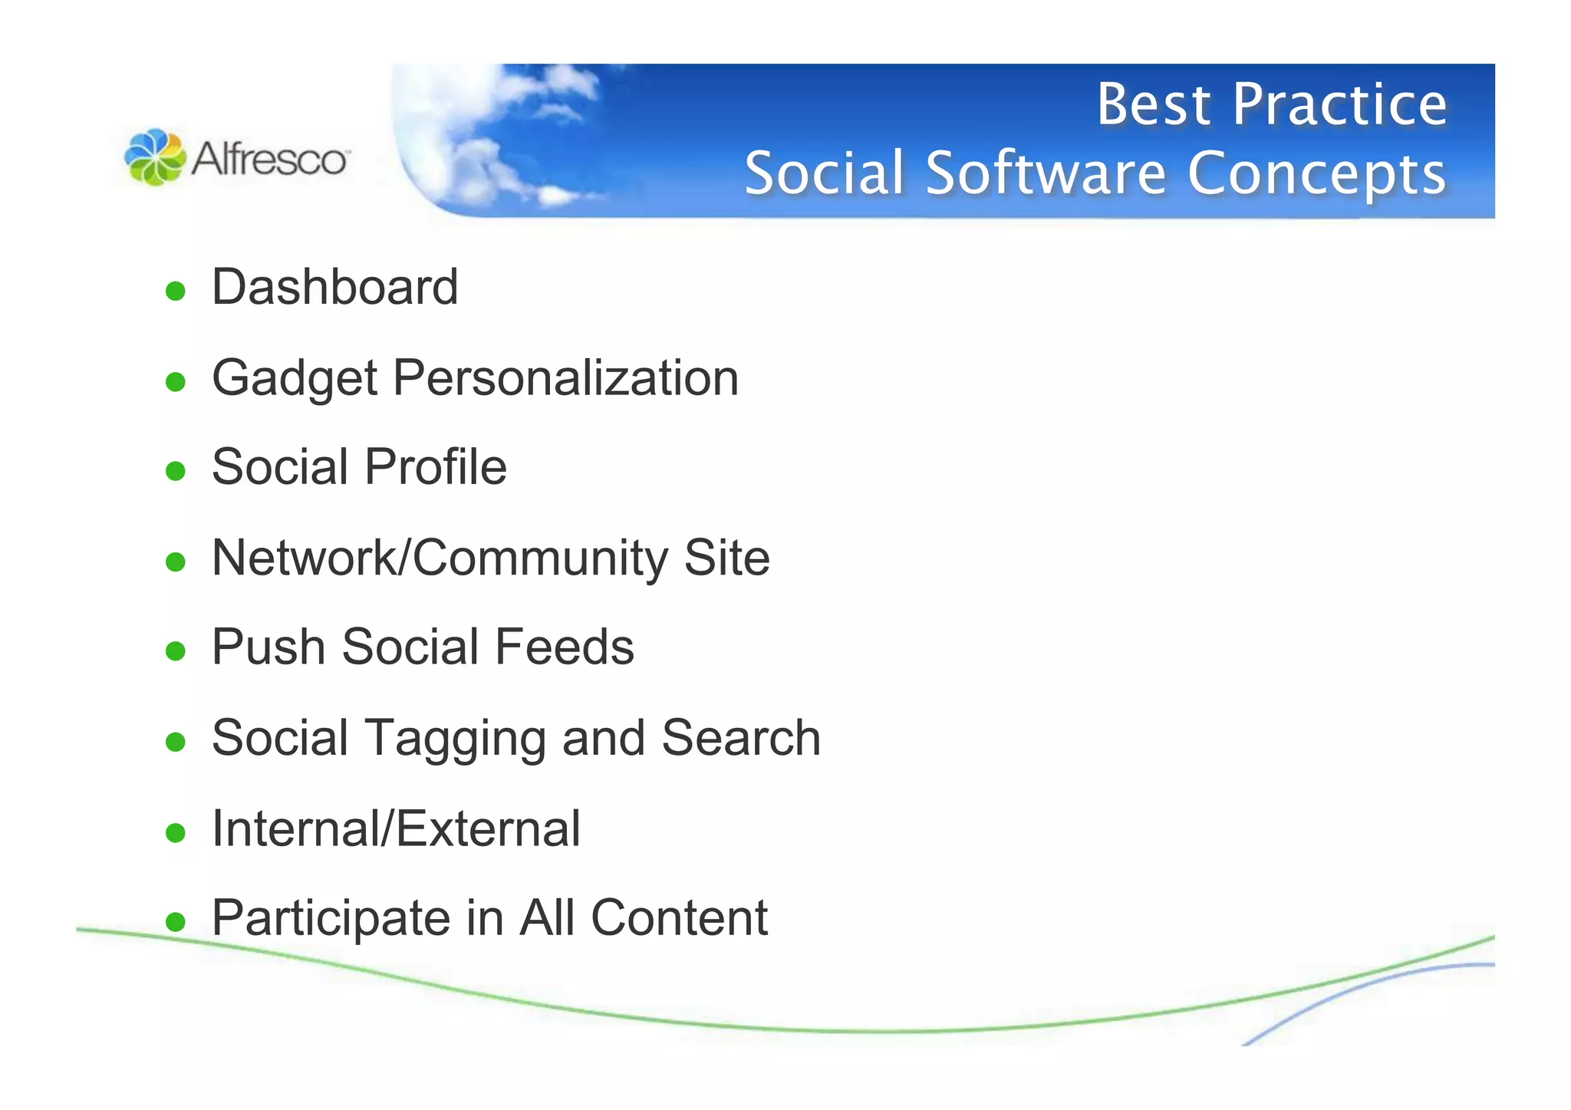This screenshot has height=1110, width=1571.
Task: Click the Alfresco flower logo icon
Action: click(x=155, y=157)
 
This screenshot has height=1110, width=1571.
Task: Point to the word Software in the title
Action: click(x=1046, y=173)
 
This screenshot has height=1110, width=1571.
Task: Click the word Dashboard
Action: click(x=334, y=287)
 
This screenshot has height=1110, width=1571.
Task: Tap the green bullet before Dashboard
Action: click(x=176, y=291)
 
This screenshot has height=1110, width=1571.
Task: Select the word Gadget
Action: click(x=295, y=379)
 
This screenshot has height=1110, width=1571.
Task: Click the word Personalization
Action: click(x=565, y=377)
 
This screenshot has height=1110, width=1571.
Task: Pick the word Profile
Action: click(x=435, y=466)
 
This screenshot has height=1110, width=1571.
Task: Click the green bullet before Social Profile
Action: click(x=176, y=470)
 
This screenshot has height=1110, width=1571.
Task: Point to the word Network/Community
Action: click(x=440, y=558)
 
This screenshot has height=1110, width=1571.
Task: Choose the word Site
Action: click(x=726, y=558)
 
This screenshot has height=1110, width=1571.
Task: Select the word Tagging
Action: click(x=456, y=739)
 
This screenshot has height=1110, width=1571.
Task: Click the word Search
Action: click(x=740, y=737)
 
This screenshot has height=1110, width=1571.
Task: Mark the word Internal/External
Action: click(x=396, y=828)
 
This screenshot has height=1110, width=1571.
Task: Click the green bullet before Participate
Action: click(x=176, y=921)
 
